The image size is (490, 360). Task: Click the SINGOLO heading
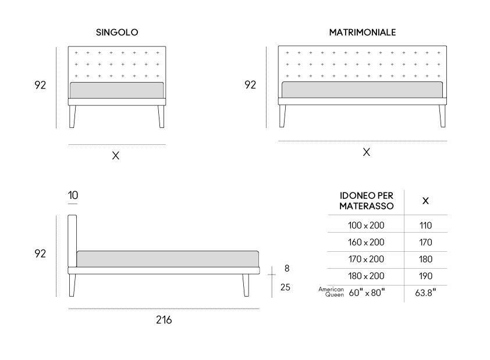click(x=117, y=32)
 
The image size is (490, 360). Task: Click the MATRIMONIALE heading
click(x=363, y=32)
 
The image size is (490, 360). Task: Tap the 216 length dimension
click(x=164, y=320)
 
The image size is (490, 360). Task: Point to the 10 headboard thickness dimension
click(x=73, y=195)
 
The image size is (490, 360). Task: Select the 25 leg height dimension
click(x=285, y=287)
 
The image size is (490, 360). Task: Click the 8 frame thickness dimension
click(x=287, y=268)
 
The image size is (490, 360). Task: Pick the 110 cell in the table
click(x=425, y=225)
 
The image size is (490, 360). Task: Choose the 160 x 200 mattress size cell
click(x=366, y=242)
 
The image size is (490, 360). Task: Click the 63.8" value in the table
click(x=425, y=293)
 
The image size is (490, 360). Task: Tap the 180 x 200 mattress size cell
click(x=366, y=276)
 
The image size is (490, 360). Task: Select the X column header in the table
click(x=425, y=201)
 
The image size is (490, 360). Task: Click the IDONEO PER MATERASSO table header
click(x=366, y=201)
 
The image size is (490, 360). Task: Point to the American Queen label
click(x=331, y=292)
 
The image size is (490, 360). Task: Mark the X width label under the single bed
click(x=116, y=155)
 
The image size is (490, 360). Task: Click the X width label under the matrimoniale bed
click(x=366, y=152)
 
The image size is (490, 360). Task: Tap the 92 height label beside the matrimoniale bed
click(x=250, y=84)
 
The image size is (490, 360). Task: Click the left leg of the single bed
click(x=72, y=116)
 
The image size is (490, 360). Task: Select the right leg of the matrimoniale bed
click(x=442, y=116)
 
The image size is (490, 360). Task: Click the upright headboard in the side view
click(x=72, y=241)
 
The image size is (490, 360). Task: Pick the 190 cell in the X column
click(x=425, y=276)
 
